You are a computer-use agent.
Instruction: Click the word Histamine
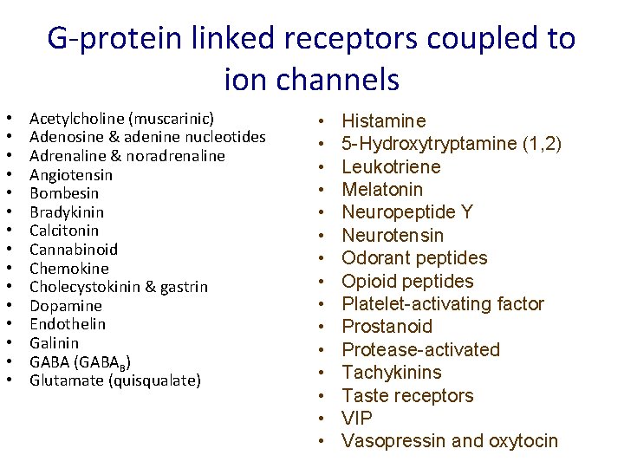click(x=384, y=121)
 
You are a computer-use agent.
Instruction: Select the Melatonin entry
click(x=382, y=190)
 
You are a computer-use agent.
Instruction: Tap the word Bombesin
click(x=64, y=193)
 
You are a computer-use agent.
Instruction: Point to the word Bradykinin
click(x=67, y=212)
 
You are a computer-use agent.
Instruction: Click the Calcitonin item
click(x=64, y=231)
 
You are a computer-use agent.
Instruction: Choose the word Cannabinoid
click(x=74, y=250)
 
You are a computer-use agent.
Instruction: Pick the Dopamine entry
click(x=66, y=306)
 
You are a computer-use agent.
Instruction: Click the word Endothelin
click(x=68, y=324)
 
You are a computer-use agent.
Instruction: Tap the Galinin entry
click(x=55, y=343)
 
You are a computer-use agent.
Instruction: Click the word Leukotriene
click(x=391, y=167)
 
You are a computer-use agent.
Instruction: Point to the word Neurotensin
click(x=393, y=236)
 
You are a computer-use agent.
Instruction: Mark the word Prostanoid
click(x=387, y=327)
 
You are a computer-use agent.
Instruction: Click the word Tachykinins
click(x=392, y=373)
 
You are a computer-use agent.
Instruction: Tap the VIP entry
click(x=357, y=419)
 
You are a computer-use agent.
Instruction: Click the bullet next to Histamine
click(x=321, y=121)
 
